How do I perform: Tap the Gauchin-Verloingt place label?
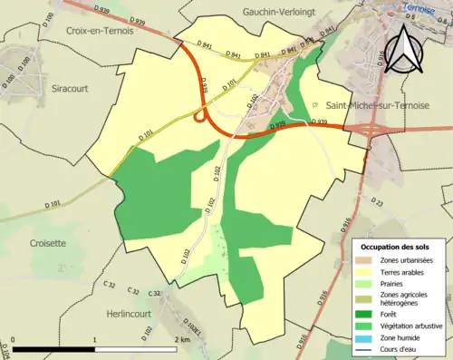click(x=277, y=11)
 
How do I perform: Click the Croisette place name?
click(x=48, y=243)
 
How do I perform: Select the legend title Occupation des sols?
click(x=396, y=246)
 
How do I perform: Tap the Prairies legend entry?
click(x=395, y=282)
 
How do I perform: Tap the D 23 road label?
click(x=377, y=203)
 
